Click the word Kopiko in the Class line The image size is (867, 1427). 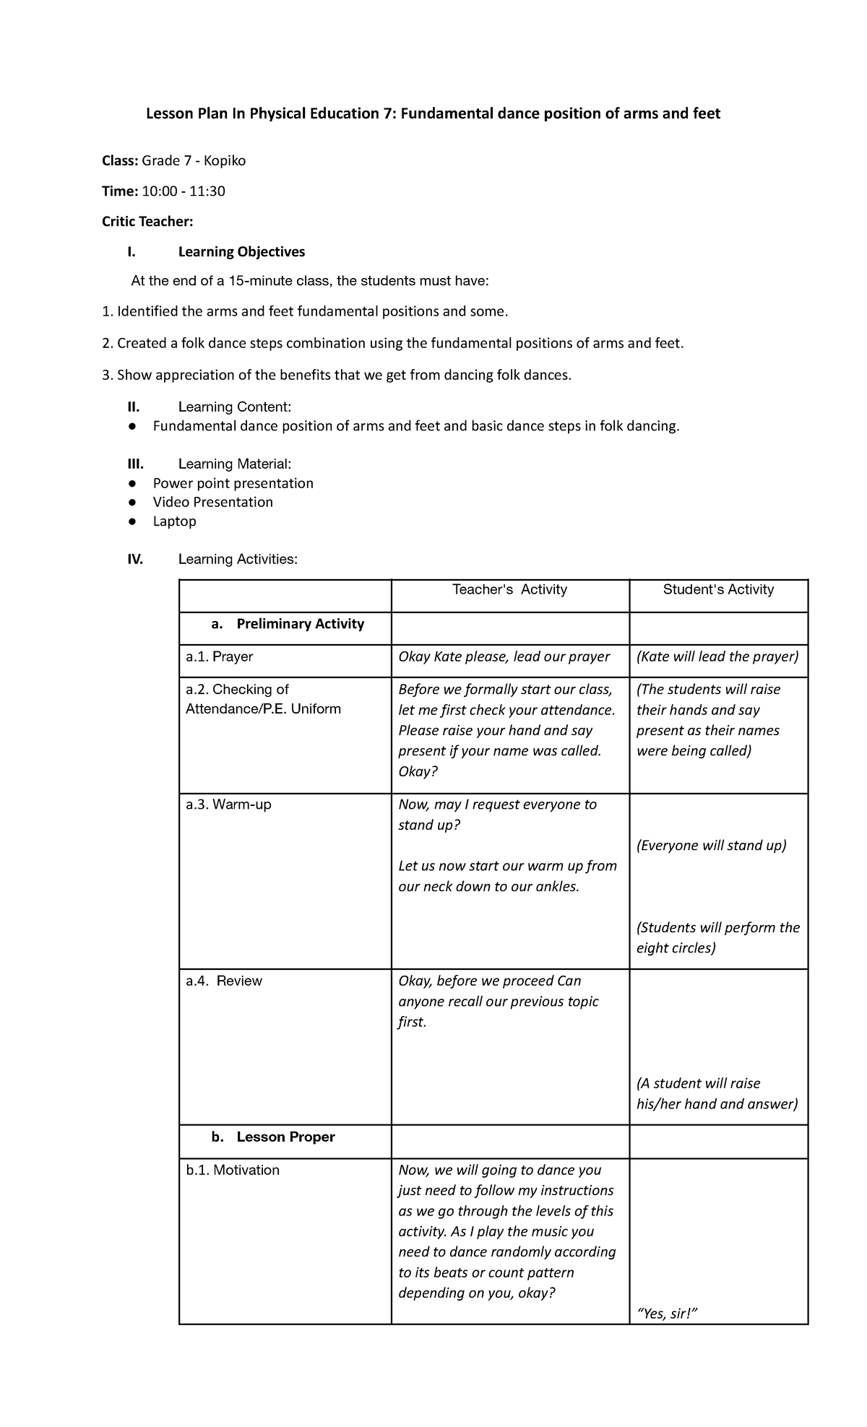[224, 161]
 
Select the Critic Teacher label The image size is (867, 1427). [147, 222]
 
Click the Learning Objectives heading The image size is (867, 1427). [241, 252]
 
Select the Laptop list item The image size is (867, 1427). [174, 521]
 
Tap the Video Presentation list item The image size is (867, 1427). [212, 503]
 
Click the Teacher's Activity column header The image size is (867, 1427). [509, 590]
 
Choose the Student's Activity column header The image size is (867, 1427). [718, 590]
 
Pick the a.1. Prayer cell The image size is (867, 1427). [220, 657]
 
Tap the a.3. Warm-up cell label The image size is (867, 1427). [228, 804]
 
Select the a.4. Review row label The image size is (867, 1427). [224, 981]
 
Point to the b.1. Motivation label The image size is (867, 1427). [233, 1170]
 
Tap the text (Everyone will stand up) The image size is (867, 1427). [711, 846]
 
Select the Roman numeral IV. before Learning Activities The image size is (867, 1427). [135, 560]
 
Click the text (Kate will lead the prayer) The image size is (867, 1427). [717, 657]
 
